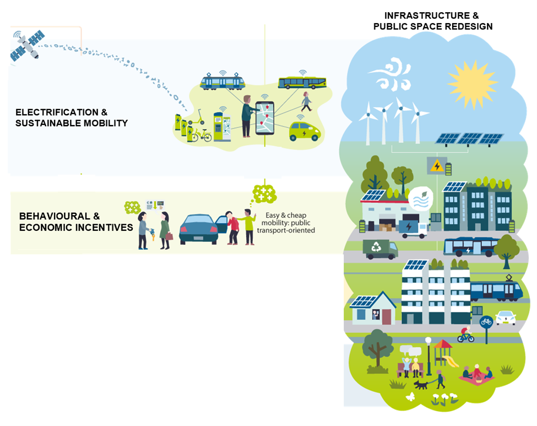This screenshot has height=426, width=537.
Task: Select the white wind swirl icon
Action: [389, 77]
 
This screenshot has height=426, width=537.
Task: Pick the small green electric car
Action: [304, 132]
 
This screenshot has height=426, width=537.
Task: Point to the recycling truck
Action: [380, 249]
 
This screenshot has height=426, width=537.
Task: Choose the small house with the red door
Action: [374, 309]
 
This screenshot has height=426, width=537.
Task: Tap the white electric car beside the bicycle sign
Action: [506, 318]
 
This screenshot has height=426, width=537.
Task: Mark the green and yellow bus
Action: [302, 83]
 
